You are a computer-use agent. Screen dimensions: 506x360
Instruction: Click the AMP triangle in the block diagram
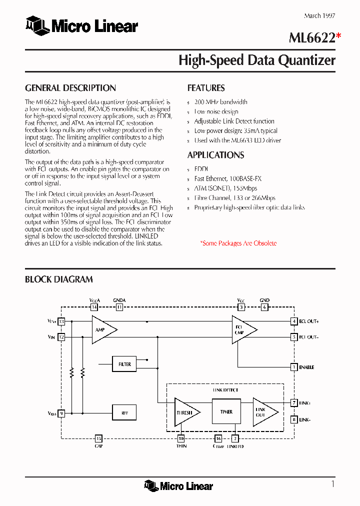click(102, 329)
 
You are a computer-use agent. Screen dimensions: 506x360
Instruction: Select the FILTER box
click(124, 364)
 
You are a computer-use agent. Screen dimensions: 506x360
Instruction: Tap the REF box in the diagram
click(124, 413)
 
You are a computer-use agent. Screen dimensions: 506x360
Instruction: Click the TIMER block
click(226, 412)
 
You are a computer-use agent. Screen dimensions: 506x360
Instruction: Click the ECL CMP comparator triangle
click(242, 329)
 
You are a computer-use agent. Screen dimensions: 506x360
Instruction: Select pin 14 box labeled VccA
click(94, 307)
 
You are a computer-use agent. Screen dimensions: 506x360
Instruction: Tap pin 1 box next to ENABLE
click(294, 367)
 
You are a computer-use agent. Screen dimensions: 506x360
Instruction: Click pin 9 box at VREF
click(61, 413)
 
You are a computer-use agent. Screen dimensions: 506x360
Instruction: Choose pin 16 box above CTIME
click(218, 438)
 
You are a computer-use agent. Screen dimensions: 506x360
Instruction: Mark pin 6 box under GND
click(264, 307)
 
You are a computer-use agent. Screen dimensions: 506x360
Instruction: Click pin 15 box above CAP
click(98, 438)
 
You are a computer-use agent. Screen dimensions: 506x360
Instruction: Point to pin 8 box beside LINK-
click(294, 419)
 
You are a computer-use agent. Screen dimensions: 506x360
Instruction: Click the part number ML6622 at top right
click(311, 37)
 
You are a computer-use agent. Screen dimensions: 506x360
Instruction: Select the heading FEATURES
click(206, 88)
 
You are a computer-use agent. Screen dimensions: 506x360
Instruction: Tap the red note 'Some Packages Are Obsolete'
click(238, 243)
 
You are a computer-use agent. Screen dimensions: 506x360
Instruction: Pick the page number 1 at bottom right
click(332, 483)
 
